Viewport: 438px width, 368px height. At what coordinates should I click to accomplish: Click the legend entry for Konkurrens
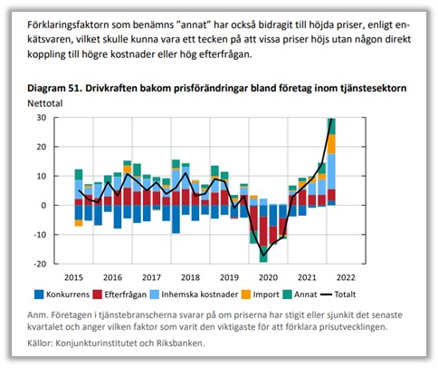[x=62, y=295]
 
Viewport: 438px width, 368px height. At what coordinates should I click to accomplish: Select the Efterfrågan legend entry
[x=119, y=295]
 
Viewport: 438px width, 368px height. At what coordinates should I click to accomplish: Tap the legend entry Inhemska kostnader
[x=194, y=295]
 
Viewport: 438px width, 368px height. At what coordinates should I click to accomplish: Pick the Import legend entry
[x=261, y=295]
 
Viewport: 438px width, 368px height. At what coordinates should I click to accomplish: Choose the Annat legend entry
[x=300, y=295]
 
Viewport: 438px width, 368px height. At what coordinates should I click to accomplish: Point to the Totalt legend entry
[x=338, y=295]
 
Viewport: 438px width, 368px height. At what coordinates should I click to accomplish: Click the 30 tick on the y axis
[x=42, y=118]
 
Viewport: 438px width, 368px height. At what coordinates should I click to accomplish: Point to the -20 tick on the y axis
[x=40, y=264]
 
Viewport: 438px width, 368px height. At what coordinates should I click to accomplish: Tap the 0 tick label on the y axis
[x=44, y=205]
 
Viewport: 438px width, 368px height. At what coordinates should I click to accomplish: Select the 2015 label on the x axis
[x=74, y=277]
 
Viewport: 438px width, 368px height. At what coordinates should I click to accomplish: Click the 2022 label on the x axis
[x=346, y=277]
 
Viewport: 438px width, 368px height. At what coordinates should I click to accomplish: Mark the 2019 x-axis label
[x=229, y=277]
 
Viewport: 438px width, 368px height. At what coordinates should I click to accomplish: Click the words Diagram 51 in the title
[x=54, y=88]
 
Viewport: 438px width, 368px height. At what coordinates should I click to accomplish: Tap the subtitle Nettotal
[x=45, y=103]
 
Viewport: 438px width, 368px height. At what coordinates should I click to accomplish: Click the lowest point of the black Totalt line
[x=263, y=256]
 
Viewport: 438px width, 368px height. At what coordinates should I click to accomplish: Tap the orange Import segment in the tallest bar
[x=331, y=144]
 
